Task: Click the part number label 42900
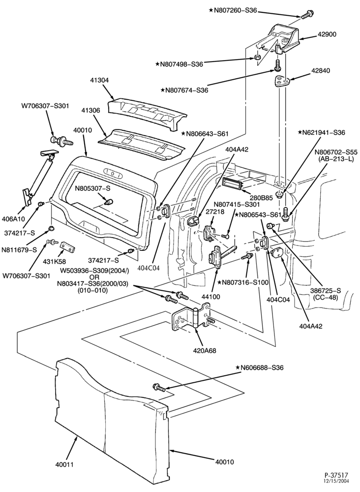tap(326, 34)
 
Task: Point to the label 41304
tap(99, 80)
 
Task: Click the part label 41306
tap(90, 110)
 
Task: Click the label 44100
tap(211, 297)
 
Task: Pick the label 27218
tap(215, 212)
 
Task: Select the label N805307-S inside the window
tap(92, 188)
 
